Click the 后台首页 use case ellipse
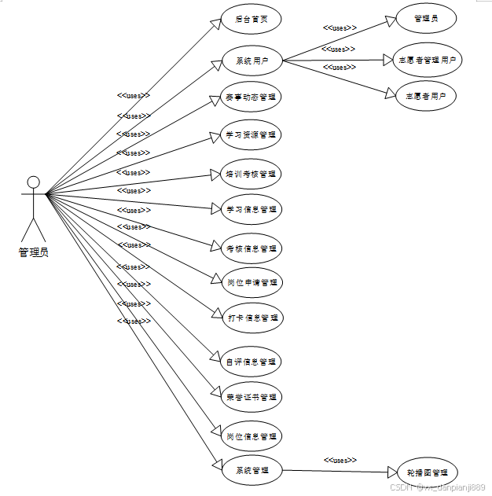251,19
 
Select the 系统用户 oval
251,61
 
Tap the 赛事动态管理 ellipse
251,97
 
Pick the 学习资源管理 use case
251,135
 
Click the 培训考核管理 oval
251,173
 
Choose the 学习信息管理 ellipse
251,210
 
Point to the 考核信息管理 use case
251,248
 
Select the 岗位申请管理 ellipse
251,282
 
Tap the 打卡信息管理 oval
251,318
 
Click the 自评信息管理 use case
251,362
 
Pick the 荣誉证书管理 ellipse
251,397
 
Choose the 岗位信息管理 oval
251,436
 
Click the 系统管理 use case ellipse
251,470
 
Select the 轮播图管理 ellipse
426,472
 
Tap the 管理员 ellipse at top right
425,18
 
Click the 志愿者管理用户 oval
425,59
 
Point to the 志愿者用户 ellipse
425,96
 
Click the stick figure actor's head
33,182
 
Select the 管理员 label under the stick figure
33,253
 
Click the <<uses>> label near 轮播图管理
340,460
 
